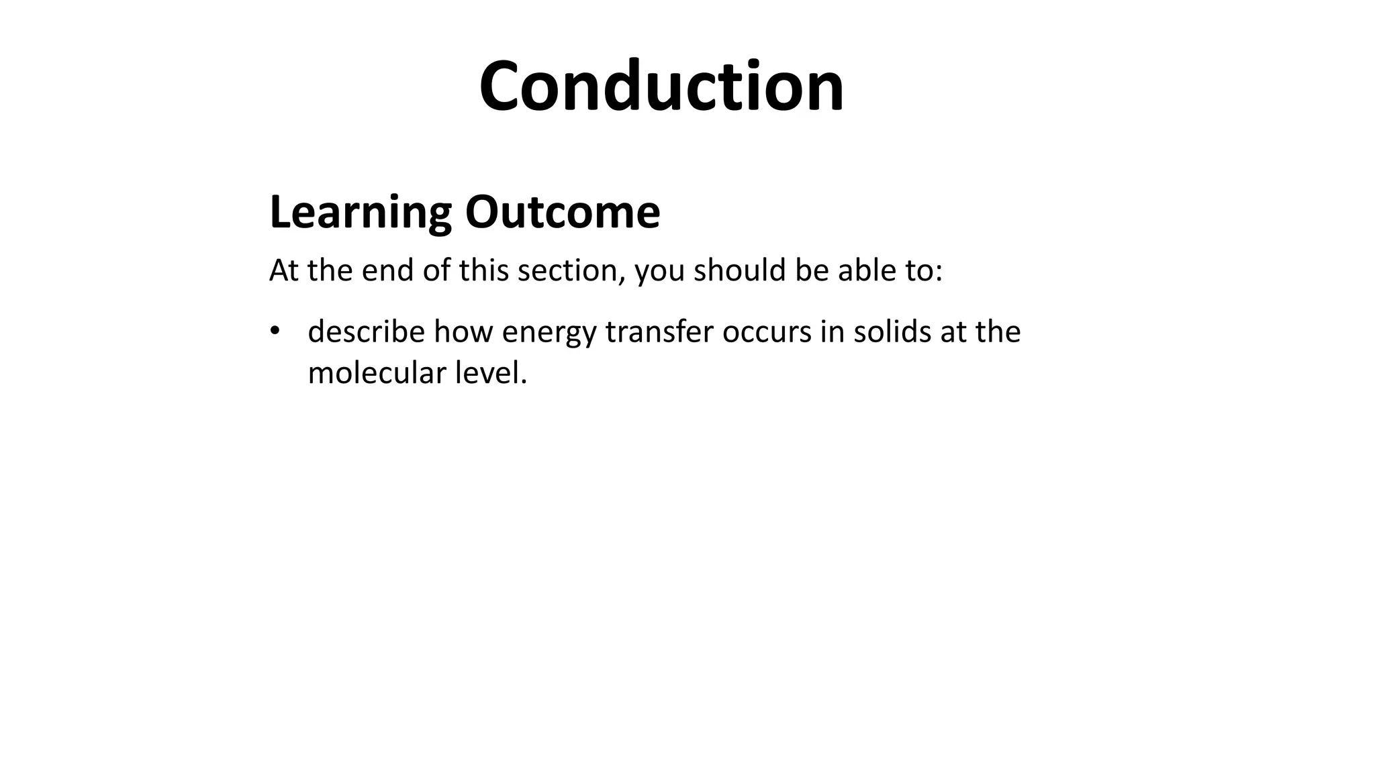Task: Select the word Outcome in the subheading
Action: tap(562, 212)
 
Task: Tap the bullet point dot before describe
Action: tap(274, 331)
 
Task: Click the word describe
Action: tap(366, 331)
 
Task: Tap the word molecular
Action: tap(377, 373)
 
